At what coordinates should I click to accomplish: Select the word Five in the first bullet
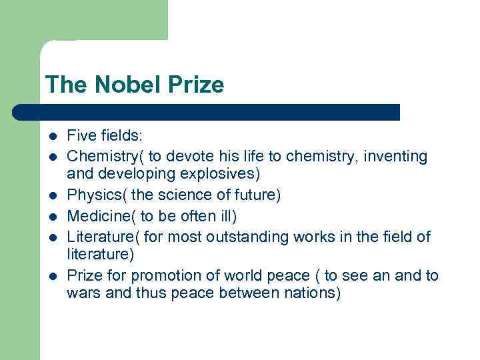[x=81, y=136]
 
